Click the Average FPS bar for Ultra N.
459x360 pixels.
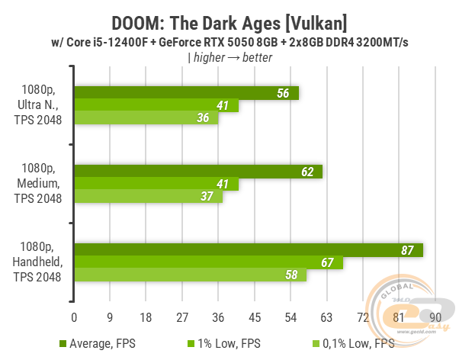(186, 93)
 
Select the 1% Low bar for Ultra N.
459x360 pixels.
(156, 106)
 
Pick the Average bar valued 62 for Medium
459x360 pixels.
(198, 172)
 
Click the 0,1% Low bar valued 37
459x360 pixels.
(148, 197)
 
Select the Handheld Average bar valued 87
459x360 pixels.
(249, 250)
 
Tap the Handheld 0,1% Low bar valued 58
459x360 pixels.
(190, 275)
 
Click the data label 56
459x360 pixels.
(283, 93)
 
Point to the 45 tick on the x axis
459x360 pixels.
(255, 317)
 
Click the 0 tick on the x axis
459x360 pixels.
(74, 317)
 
